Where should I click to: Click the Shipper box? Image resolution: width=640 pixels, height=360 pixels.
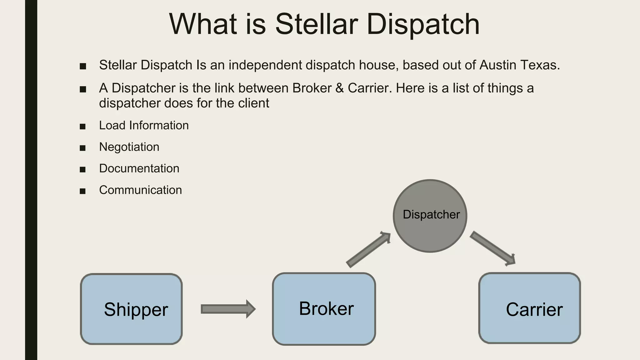[x=131, y=309]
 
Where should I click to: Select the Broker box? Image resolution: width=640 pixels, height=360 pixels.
[x=324, y=309]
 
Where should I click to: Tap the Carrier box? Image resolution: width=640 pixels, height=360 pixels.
[x=529, y=308]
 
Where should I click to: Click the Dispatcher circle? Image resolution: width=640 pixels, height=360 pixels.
[x=430, y=216]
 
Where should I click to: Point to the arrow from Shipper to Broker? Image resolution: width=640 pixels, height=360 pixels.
[x=228, y=309]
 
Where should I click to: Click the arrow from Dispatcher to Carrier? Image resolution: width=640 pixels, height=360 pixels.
[x=492, y=249]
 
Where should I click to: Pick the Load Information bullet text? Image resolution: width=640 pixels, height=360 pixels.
[x=144, y=125]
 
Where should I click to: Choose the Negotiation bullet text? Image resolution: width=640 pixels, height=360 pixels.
[x=129, y=147]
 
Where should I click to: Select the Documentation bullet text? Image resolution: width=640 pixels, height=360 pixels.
[x=139, y=168]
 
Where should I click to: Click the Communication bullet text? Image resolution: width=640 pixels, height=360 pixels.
[x=140, y=190]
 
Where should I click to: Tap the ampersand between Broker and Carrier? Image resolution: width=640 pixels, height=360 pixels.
[x=339, y=88]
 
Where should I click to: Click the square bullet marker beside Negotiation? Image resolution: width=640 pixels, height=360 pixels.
[x=82, y=148]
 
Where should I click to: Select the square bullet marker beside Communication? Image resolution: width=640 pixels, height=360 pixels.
[x=82, y=191]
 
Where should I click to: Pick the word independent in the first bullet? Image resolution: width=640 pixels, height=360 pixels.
[x=265, y=65]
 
